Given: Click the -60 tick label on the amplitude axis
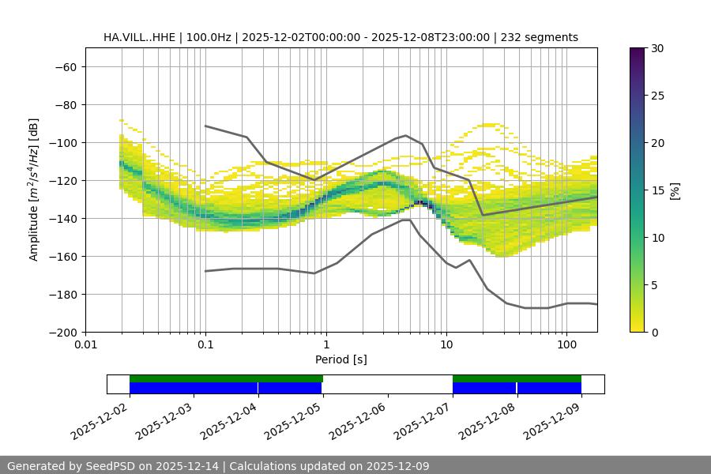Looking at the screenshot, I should pos(65,66).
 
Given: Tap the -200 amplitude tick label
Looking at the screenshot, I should pos(62,332).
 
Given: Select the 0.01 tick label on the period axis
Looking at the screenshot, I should pos(85,345).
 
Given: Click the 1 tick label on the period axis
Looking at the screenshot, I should pos(326,345).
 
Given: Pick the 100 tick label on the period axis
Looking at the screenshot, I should pos(566,345).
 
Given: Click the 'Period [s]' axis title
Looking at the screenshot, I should pos(341,359).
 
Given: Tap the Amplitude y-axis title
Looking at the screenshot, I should pos(34,190).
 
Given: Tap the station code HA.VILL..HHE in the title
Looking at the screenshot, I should pos(137,37).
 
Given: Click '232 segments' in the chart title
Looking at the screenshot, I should pos(541,37).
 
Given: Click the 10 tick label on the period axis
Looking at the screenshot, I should pos(446,345).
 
